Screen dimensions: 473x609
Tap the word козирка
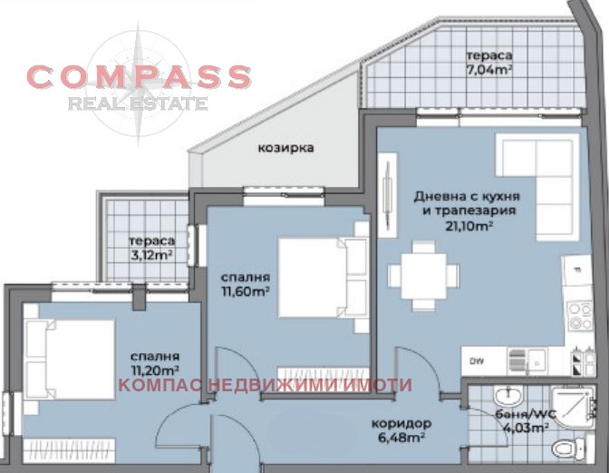(x=285, y=147)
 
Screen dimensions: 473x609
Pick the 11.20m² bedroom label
(x=153, y=363)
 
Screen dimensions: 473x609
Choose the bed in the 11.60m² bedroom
(x=314, y=277)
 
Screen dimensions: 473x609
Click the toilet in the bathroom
(x=565, y=448)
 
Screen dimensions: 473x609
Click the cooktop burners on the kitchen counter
(x=579, y=313)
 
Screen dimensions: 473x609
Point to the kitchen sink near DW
(x=522, y=360)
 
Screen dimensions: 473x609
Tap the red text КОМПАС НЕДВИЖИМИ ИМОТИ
(x=265, y=386)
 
